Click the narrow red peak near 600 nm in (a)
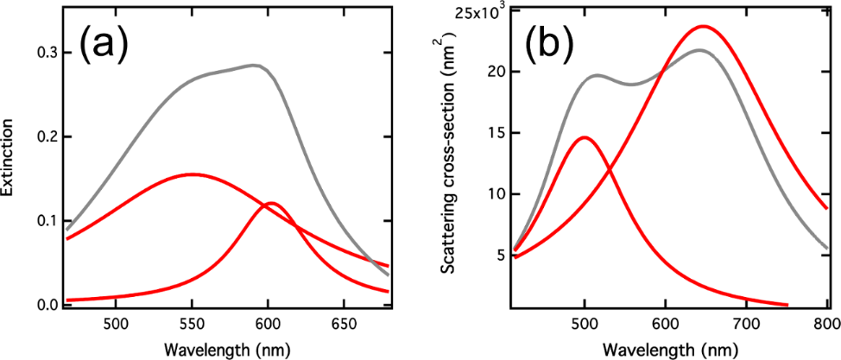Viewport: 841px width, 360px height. coord(271,203)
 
